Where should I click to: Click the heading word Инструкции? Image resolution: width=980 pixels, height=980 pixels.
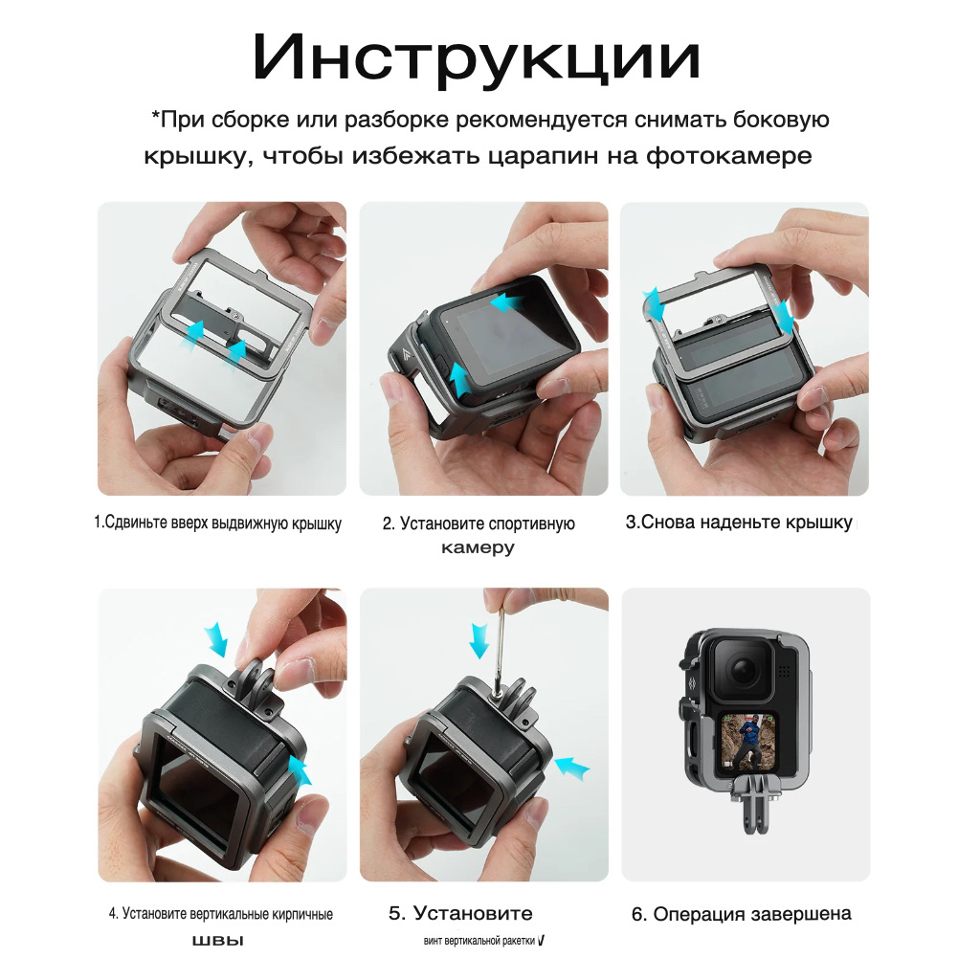(477, 58)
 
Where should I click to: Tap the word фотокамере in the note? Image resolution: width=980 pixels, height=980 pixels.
(729, 155)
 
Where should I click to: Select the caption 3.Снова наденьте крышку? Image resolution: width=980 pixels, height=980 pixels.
(739, 523)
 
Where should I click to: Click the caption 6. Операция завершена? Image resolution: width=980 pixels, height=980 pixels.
(742, 914)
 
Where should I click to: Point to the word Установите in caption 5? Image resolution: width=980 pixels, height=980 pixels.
(473, 913)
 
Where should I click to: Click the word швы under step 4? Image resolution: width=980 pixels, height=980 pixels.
(217, 941)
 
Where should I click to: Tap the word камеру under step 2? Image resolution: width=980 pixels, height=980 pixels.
(478, 547)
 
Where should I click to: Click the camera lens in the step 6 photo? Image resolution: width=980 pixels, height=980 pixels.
(744, 670)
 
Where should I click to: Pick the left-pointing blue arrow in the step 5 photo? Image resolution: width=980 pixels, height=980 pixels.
(572, 767)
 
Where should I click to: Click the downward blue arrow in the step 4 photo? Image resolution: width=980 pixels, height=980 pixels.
(216, 637)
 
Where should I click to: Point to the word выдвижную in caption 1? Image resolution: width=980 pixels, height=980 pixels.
(250, 523)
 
